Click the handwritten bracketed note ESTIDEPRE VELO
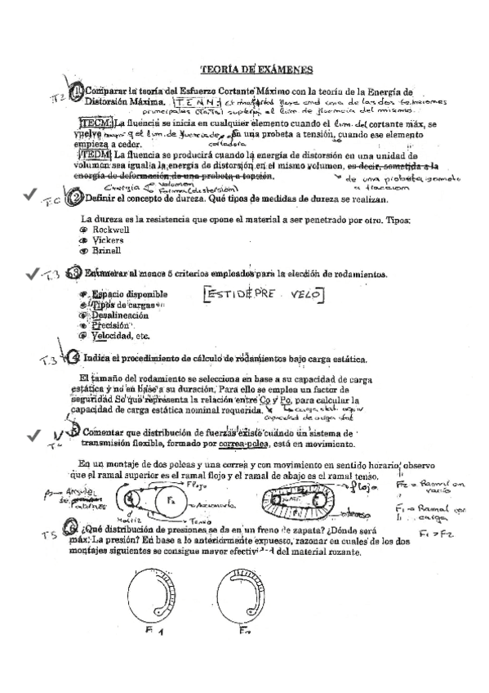[x=264, y=294]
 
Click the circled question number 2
[x=74, y=199]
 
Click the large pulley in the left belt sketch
[x=170, y=498]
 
